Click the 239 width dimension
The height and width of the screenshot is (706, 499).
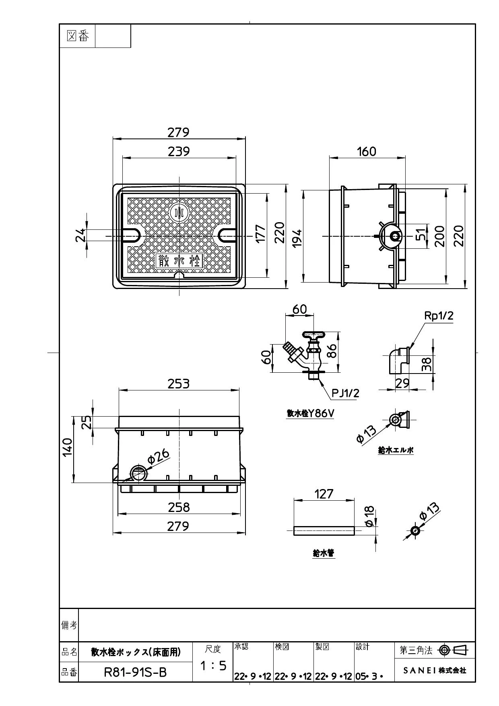click(x=179, y=151)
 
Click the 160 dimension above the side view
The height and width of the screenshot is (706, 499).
click(x=367, y=151)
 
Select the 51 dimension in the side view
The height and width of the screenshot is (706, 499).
click(x=421, y=234)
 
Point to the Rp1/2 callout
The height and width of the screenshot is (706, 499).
click(x=439, y=316)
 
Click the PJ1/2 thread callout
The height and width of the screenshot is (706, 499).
click(x=345, y=392)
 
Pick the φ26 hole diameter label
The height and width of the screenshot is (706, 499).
click(x=159, y=456)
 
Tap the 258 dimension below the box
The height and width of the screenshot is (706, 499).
click(x=179, y=507)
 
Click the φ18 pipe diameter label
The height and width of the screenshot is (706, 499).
click(x=369, y=516)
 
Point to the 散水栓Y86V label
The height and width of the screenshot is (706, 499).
click(x=310, y=413)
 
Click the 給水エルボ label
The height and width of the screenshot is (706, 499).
click(x=396, y=450)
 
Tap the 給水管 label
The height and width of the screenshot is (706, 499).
click(x=324, y=553)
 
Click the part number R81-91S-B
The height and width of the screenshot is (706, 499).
click(x=135, y=672)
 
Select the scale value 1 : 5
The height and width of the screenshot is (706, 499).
click(x=213, y=666)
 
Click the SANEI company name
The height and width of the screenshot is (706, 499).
click(x=435, y=671)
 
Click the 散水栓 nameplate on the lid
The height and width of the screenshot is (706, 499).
click(x=179, y=261)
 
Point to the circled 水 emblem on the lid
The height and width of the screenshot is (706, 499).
click(x=179, y=213)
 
